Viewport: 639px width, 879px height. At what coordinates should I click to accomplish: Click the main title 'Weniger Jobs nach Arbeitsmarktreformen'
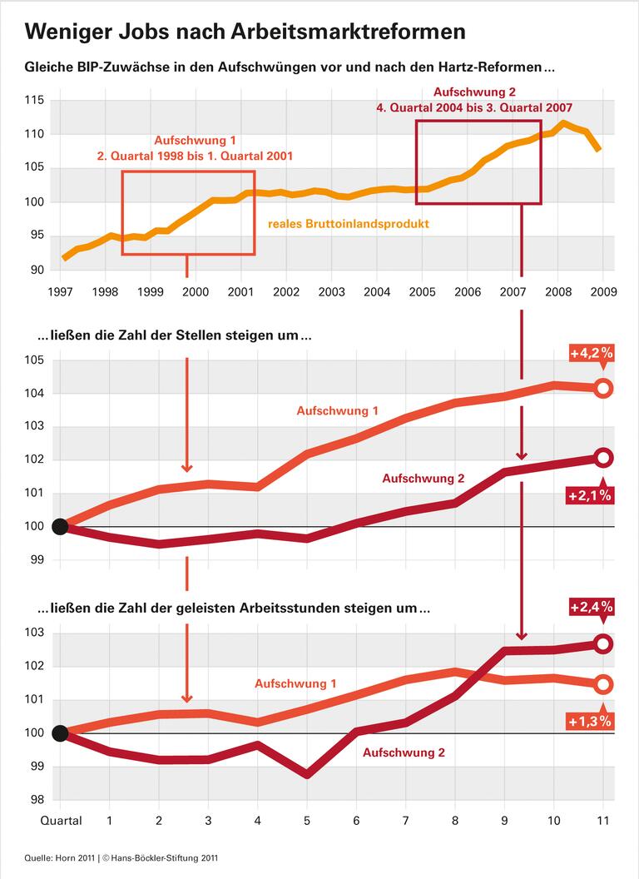(245, 32)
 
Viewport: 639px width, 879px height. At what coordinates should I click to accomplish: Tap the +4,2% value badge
(592, 353)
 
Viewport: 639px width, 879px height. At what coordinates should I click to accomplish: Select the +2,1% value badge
(591, 495)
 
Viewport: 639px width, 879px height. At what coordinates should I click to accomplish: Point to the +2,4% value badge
(592, 608)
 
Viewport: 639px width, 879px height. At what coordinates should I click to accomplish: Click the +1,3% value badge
(591, 721)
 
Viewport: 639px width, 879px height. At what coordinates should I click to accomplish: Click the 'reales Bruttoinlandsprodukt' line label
(348, 224)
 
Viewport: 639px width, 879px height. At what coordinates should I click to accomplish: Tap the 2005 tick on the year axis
(423, 292)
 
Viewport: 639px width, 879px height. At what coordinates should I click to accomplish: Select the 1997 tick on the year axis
(59, 292)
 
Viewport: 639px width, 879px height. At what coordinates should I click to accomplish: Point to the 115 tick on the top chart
(36, 101)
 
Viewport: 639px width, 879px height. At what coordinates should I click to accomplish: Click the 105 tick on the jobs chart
(36, 360)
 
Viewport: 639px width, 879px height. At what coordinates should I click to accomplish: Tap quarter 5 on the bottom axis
(307, 821)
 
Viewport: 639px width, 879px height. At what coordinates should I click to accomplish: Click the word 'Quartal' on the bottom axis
(62, 821)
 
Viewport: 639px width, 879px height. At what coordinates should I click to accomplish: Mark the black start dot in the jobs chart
(59, 526)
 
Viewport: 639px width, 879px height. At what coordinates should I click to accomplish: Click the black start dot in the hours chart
(59, 732)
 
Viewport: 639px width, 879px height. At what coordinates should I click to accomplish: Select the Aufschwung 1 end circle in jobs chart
(604, 388)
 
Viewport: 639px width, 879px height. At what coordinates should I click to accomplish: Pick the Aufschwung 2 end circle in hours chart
(604, 643)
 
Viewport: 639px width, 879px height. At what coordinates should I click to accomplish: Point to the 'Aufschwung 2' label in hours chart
(404, 752)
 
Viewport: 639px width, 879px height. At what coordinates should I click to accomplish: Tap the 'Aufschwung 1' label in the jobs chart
(337, 411)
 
